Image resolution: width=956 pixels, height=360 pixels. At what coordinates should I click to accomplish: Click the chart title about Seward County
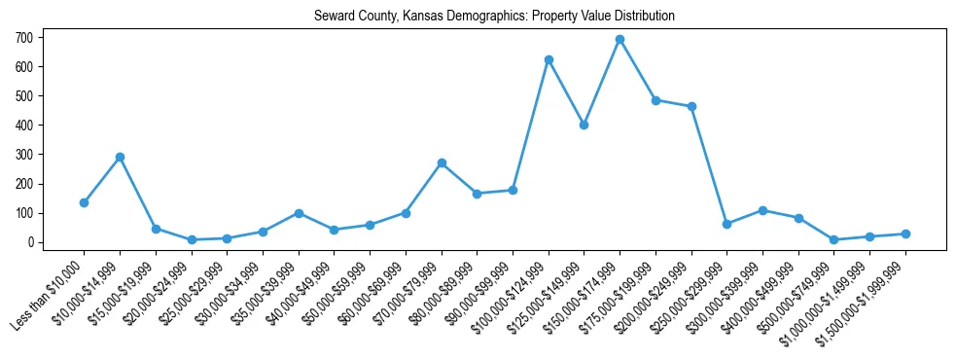coord(494,17)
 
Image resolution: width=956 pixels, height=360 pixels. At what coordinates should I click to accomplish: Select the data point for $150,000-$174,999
coord(620,39)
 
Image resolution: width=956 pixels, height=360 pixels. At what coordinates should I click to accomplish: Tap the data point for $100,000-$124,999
coord(549,59)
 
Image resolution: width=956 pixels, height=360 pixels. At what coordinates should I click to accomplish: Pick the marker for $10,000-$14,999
coord(120,157)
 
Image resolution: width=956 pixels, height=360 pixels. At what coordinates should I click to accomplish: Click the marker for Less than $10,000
coord(84,202)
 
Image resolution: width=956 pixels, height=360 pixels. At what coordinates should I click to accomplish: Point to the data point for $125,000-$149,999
coord(584,125)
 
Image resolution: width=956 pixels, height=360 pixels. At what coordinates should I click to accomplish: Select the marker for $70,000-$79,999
coord(442,162)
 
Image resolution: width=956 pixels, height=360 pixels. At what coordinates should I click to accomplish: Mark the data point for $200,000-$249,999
coord(691,106)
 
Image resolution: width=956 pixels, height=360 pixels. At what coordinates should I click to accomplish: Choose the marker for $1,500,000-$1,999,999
coord(905,234)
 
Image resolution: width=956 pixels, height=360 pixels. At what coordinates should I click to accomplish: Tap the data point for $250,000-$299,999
coord(726,224)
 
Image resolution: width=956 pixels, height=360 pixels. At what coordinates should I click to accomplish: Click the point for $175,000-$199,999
coord(655,100)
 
